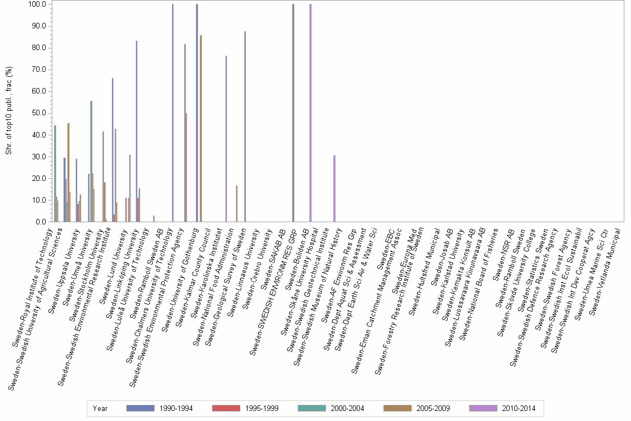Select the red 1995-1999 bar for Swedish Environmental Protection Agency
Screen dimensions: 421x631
coord(186,167)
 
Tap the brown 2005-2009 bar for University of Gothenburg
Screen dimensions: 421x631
coord(201,128)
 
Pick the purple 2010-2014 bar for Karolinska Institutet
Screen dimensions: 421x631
coord(226,139)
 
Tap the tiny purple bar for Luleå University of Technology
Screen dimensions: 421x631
coord(154,218)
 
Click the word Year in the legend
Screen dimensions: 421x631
coord(100,408)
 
